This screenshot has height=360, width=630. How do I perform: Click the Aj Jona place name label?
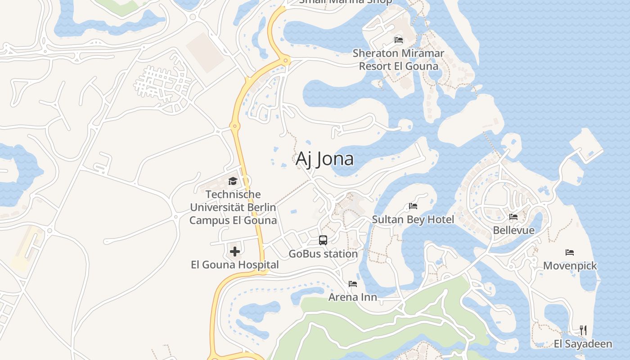324,159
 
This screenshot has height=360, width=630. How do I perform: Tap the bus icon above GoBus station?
323,240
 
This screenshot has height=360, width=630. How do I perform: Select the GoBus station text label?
323,254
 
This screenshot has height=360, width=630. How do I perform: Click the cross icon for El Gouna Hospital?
234,252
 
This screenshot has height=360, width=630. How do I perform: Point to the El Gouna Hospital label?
235,265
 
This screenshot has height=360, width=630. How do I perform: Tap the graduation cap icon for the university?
233,181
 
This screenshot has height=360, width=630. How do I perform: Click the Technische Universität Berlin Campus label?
233,207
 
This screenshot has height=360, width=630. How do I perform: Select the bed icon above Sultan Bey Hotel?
413,206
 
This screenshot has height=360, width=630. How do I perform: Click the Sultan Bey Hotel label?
413,220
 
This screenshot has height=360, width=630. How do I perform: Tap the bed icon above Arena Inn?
353,284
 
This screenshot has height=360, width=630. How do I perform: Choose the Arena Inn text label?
353,297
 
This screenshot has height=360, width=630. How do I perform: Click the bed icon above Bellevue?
513,217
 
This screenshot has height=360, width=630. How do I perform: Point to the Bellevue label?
514,230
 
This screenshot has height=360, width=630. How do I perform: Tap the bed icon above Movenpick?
570,252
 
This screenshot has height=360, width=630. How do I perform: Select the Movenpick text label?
570,265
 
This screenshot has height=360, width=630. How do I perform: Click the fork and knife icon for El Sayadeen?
583,330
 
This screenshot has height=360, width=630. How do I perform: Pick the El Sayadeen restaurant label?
583,344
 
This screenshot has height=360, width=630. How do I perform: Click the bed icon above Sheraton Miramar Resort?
399,40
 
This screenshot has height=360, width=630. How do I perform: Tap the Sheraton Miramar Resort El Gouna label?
398,59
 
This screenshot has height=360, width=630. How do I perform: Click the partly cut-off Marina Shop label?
346,2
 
